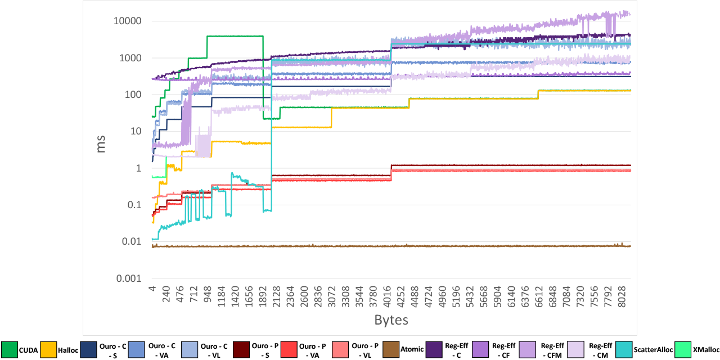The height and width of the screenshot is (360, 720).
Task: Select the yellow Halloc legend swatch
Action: coord(48,349)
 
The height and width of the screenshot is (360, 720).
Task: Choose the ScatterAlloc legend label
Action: coord(654,349)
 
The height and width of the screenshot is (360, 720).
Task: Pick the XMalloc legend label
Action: coord(701,349)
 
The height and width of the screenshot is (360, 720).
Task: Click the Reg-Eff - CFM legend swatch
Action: coord(528,349)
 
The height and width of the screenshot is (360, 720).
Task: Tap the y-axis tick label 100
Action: coord(132,94)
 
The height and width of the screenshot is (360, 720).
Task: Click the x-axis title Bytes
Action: coord(391,320)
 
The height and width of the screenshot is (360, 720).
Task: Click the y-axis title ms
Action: coord(102,147)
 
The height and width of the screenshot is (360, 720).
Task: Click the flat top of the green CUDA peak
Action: coord(235,36)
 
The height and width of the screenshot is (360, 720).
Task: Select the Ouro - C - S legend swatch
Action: coord(88,349)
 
